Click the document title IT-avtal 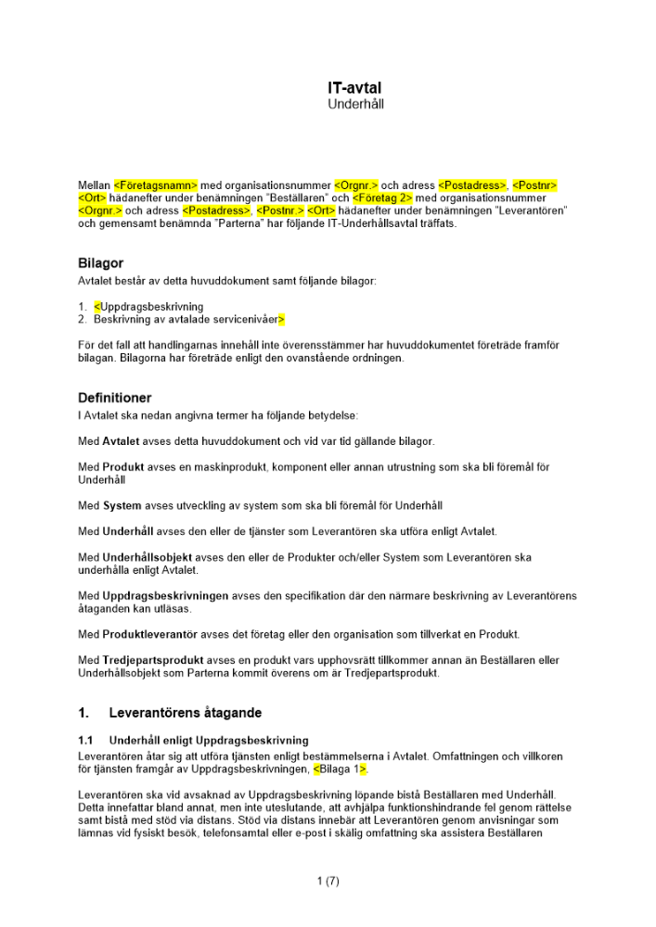point(354,88)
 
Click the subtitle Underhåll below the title point(355,105)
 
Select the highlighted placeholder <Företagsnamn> point(156,185)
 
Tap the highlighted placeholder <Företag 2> point(382,198)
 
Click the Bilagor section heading point(100,263)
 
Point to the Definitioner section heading point(114,398)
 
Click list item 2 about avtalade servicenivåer point(188,320)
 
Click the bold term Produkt point(122,467)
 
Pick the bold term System point(122,506)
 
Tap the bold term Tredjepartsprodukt point(153,660)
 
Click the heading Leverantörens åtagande point(185,713)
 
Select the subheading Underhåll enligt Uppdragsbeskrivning point(209,741)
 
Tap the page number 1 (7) point(328,882)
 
